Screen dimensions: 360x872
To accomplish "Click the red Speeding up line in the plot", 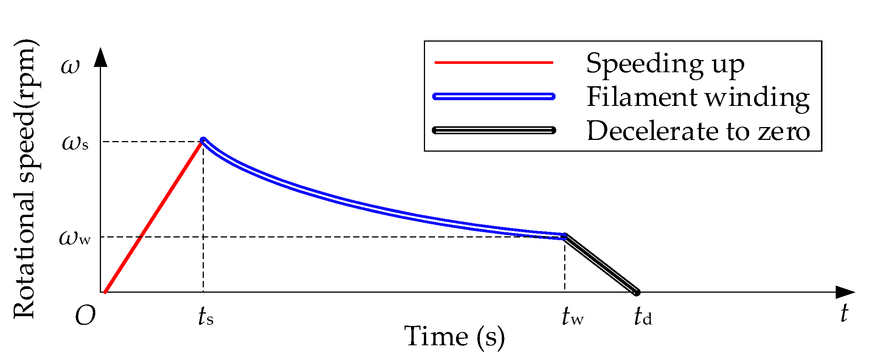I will [x=154, y=216].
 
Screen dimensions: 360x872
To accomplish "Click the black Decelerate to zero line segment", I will [x=600, y=264].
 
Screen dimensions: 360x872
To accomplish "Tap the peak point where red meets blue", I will [x=203, y=140].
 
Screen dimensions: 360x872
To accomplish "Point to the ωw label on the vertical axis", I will [x=75, y=238].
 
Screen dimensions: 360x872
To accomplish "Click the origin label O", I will [x=85, y=316].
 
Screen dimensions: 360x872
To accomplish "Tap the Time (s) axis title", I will [x=455, y=337].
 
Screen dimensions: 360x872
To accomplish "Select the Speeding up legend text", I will [x=665, y=64].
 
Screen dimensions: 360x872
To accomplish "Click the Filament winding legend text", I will [x=698, y=97].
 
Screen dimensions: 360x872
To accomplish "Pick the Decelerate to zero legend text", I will [x=698, y=131].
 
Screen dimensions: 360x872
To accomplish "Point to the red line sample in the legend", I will [x=494, y=62].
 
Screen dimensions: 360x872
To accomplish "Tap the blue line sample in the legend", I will [x=494, y=96].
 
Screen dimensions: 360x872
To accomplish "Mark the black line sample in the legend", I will [x=494, y=130].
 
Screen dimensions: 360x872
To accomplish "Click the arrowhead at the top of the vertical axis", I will [x=101, y=57].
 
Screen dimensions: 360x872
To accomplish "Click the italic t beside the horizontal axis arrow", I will [x=844, y=313].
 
